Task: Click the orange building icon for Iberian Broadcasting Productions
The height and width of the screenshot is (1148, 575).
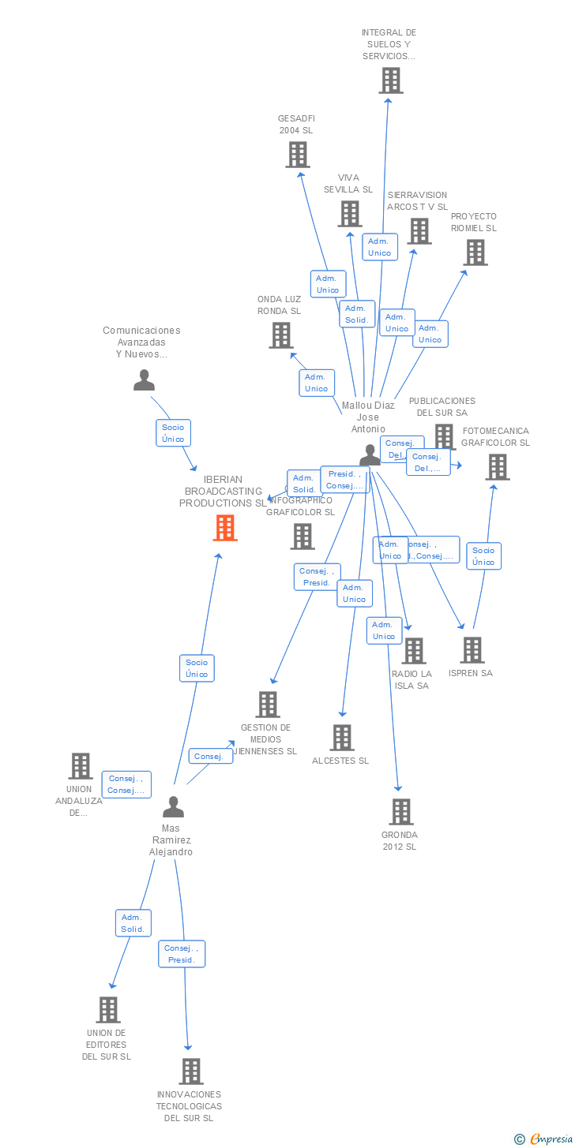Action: pyautogui.click(x=225, y=528)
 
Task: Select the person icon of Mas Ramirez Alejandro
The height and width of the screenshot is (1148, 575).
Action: pyautogui.click(x=173, y=806)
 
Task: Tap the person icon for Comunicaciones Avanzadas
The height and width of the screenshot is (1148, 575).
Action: pyautogui.click(x=144, y=380)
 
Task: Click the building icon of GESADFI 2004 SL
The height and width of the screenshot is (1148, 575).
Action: pyautogui.click(x=297, y=155)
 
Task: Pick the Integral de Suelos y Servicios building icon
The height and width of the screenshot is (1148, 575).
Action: pyautogui.click(x=390, y=80)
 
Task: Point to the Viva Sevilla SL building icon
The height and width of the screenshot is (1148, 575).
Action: pyautogui.click(x=350, y=214)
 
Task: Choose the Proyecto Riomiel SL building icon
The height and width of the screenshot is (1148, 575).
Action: pyautogui.click(x=475, y=252)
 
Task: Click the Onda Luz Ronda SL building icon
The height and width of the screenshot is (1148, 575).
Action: pyautogui.click(x=281, y=335)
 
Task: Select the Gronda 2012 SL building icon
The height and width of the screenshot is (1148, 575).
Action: pyautogui.click(x=401, y=812)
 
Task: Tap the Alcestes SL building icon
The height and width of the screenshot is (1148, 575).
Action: pyautogui.click(x=341, y=738)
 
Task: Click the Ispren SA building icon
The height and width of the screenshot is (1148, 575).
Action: pyautogui.click(x=472, y=650)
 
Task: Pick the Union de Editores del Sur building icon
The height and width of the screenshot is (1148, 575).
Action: pyautogui.click(x=108, y=1010)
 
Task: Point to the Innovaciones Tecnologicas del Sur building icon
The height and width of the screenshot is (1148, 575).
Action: pyautogui.click(x=191, y=1071)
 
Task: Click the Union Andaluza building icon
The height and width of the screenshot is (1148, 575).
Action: pyautogui.click(x=80, y=766)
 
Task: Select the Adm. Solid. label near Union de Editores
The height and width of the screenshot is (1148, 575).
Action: pyautogui.click(x=132, y=923)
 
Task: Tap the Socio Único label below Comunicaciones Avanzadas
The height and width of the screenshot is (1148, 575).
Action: pyautogui.click(x=173, y=433)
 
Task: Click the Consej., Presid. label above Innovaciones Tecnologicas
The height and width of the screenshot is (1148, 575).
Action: pyautogui.click(x=182, y=954)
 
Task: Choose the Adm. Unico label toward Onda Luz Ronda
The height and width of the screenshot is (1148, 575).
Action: pyautogui.click(x=316, y=383)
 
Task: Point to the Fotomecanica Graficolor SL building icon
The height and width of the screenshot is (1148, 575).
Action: pyautogui.click(x=497, y=467)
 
